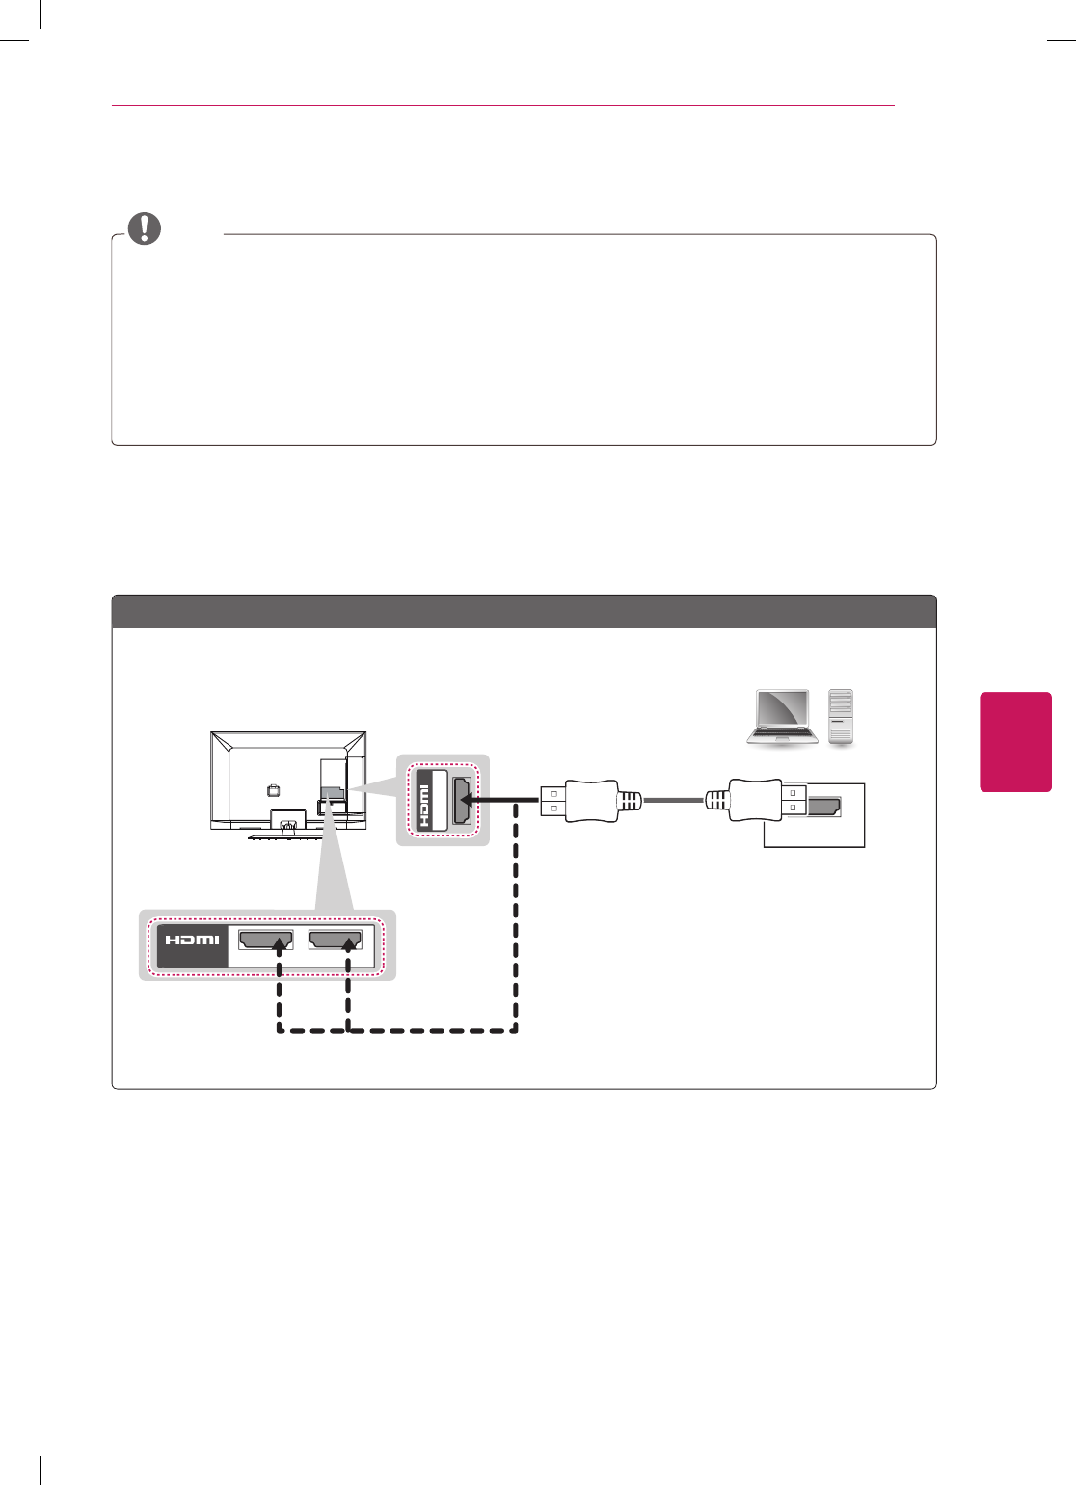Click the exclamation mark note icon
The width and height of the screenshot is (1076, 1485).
tap(145, 228)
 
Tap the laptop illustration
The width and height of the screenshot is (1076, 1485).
tap(783, 718)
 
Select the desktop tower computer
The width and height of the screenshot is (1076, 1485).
tap(841, 717)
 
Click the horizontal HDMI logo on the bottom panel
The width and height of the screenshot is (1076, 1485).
tap(192, 940)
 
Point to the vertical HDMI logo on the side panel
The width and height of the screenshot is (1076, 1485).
tap(423, 806)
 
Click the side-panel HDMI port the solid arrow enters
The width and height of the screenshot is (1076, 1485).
tap(463, 801)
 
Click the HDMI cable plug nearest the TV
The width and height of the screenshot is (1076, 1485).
tap(588, 801)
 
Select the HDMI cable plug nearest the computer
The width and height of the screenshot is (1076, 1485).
tap(757, 801)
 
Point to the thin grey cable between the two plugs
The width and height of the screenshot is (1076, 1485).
tap(673, 801)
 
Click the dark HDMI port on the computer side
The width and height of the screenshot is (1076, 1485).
tap(823, 807)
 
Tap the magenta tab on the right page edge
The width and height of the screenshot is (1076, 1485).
tap(1015, 741)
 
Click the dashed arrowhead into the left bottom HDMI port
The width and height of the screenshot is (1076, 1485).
tap(279, 946)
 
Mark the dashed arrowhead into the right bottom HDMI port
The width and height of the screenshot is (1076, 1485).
tap(348, 946)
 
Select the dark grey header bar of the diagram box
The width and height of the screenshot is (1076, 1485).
tap(524, 612)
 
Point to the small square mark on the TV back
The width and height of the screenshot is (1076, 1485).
tap(273, 790)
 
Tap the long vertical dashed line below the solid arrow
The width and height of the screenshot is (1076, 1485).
tap(517, 915)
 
